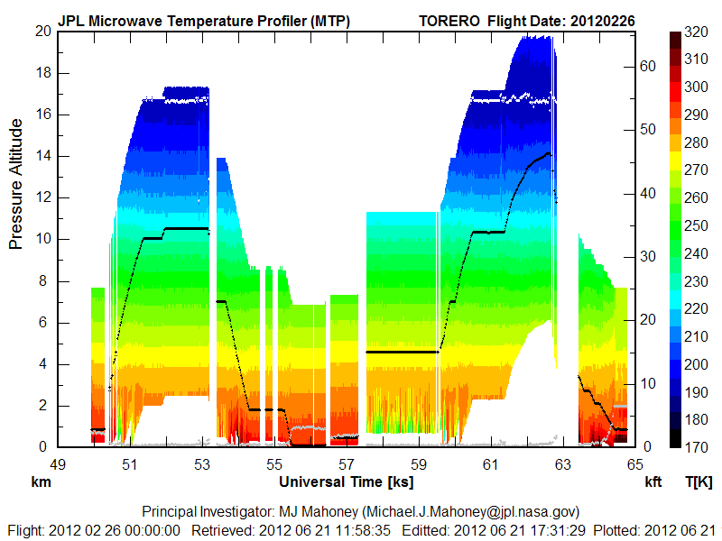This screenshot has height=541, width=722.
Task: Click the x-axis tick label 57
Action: point(347,463)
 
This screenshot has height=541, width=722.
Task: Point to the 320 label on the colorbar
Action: point(696,31)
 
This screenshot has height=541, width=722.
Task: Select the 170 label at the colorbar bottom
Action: point(696,447)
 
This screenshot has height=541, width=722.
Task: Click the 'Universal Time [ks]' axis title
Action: point(347,482)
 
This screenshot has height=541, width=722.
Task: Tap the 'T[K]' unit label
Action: point(699,482)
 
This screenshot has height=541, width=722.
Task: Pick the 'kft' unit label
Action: point(653,482)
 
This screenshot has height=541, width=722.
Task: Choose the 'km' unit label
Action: point(40,482)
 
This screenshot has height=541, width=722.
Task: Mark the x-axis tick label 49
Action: point(58,463)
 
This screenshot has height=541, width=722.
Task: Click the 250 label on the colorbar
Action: point(696,225)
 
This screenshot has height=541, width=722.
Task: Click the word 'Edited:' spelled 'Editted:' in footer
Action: point(429,529)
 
